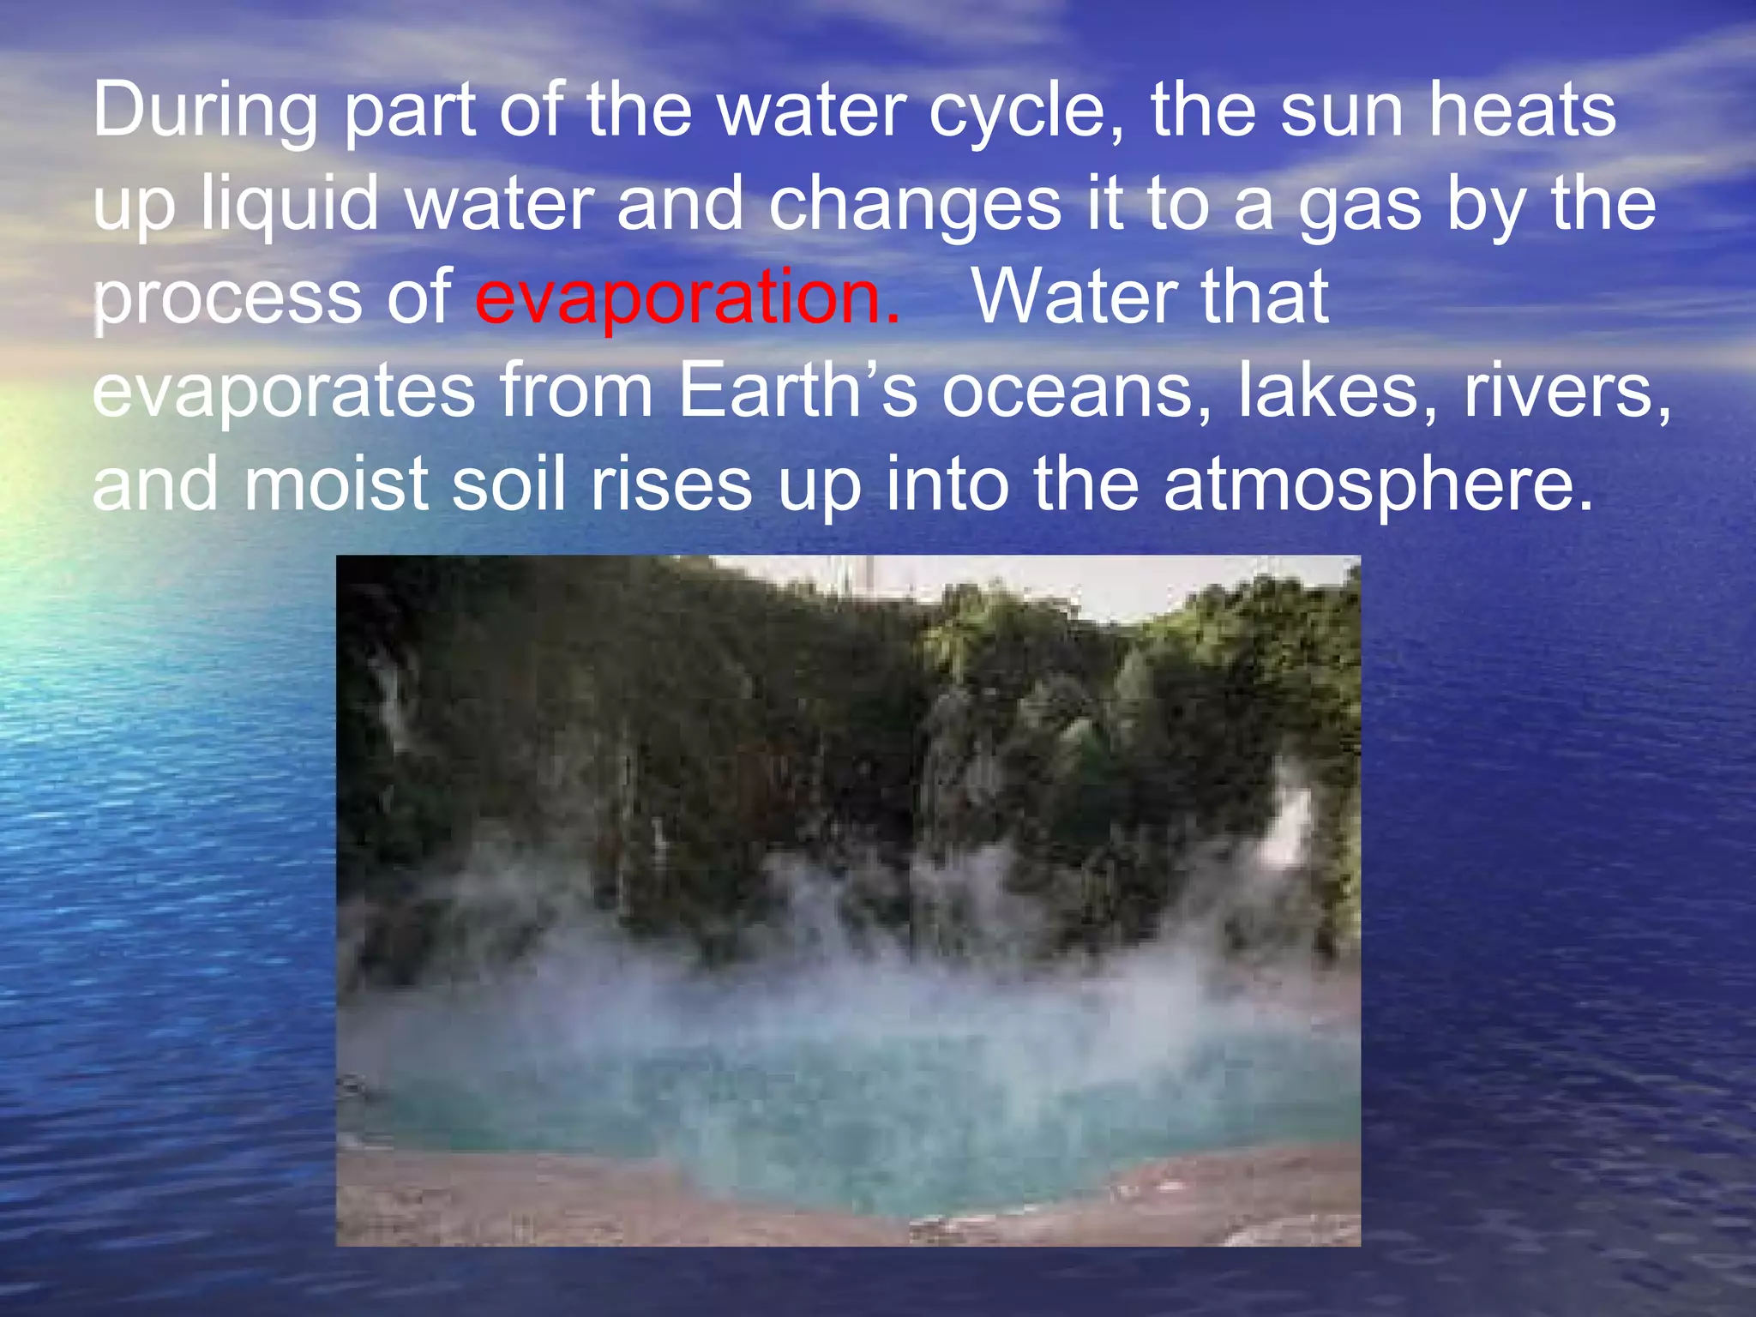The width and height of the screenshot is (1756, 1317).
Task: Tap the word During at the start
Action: tap(204, 111)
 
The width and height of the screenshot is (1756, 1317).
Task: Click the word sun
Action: tap(1342, 111)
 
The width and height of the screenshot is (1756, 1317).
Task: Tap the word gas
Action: tap(1359, 206)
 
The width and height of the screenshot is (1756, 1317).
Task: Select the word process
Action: tap(226, 299)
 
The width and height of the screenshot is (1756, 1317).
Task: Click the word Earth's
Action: tap(797, 391)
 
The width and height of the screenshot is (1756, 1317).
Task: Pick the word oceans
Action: tap(1076, 393)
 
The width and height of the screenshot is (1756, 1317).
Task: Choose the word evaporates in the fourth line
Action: tap(283, 393)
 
